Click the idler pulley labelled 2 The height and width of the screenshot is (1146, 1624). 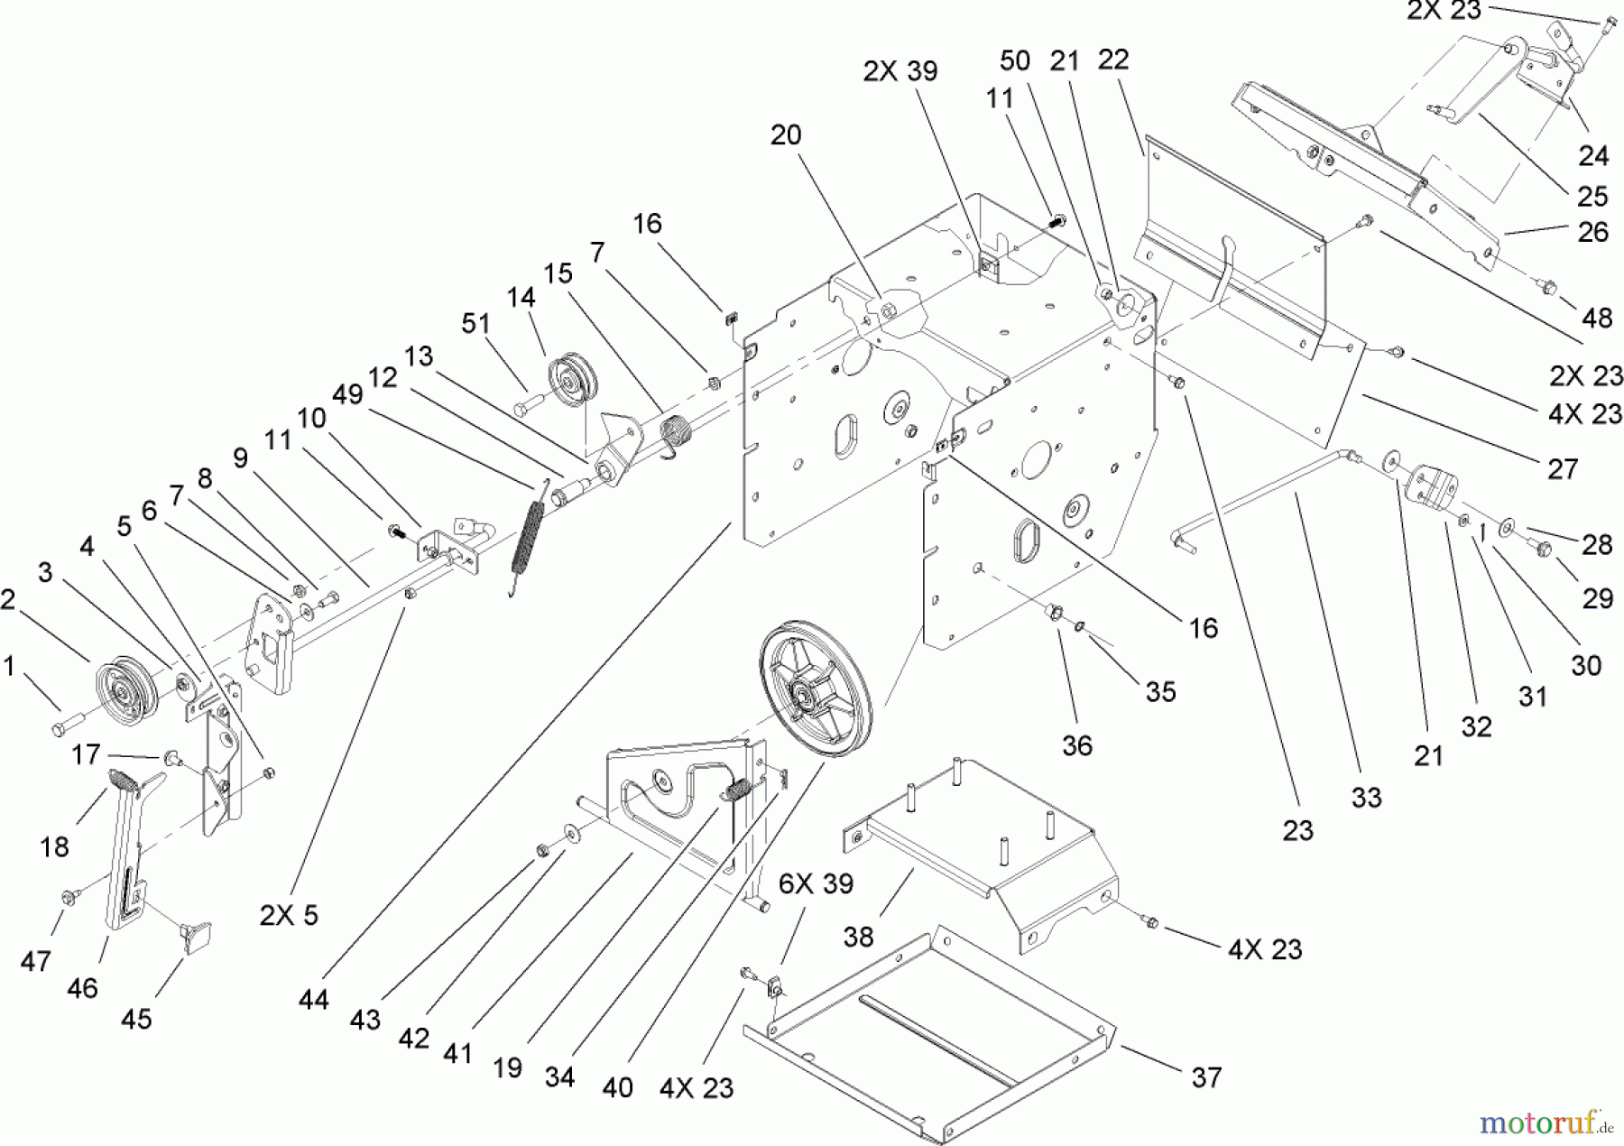[125, 695]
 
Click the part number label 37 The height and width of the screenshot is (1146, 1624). [1206, 1077]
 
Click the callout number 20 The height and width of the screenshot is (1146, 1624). [785, 135]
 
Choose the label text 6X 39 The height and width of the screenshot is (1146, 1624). [816, 883]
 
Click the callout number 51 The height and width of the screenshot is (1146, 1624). [475, 324]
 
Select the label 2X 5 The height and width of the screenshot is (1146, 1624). [289, 915]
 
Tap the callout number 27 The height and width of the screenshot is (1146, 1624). [1562, 468]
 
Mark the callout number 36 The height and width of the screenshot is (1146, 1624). [1077, 745]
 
